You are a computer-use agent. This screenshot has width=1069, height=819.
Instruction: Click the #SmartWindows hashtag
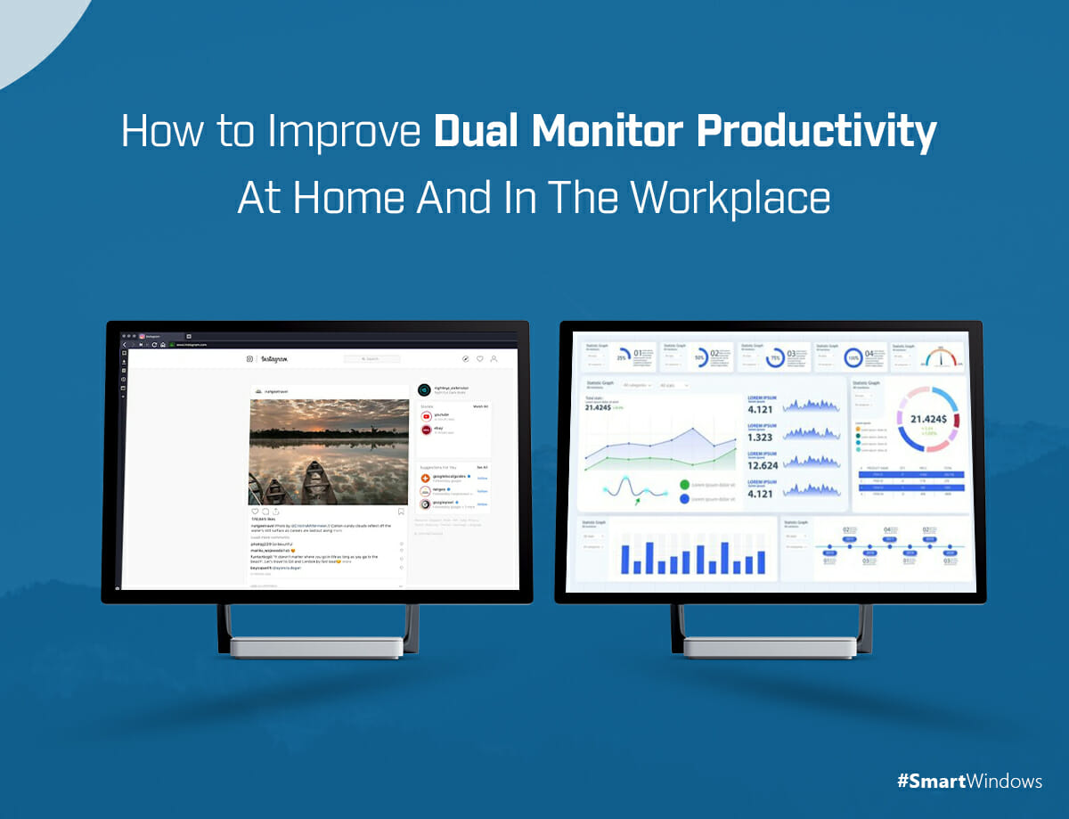[x=969, y=782]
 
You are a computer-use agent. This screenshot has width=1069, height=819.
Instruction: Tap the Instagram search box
[x=371, y=358]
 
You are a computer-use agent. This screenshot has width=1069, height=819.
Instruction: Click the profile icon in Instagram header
[x=494, y=358]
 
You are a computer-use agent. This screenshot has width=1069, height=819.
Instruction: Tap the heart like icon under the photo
[x=255, y=511]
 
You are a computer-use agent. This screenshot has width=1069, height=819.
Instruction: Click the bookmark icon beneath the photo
[x=401, y=511]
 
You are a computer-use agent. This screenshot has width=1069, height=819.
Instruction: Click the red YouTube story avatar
[x=427, y=416]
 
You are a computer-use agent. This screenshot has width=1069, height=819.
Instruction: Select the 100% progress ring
[x=853, y=356]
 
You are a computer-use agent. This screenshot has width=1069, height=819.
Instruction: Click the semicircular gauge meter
[x=941, y=356]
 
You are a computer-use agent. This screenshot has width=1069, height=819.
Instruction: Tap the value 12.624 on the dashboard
[x=763, y=464]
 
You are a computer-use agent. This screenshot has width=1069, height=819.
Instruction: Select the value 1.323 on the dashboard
[x=759, y=437]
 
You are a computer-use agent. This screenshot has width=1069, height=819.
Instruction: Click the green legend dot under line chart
[x=684, y=485]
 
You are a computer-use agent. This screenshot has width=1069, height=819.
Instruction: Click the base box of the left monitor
[x=317, y=647]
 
